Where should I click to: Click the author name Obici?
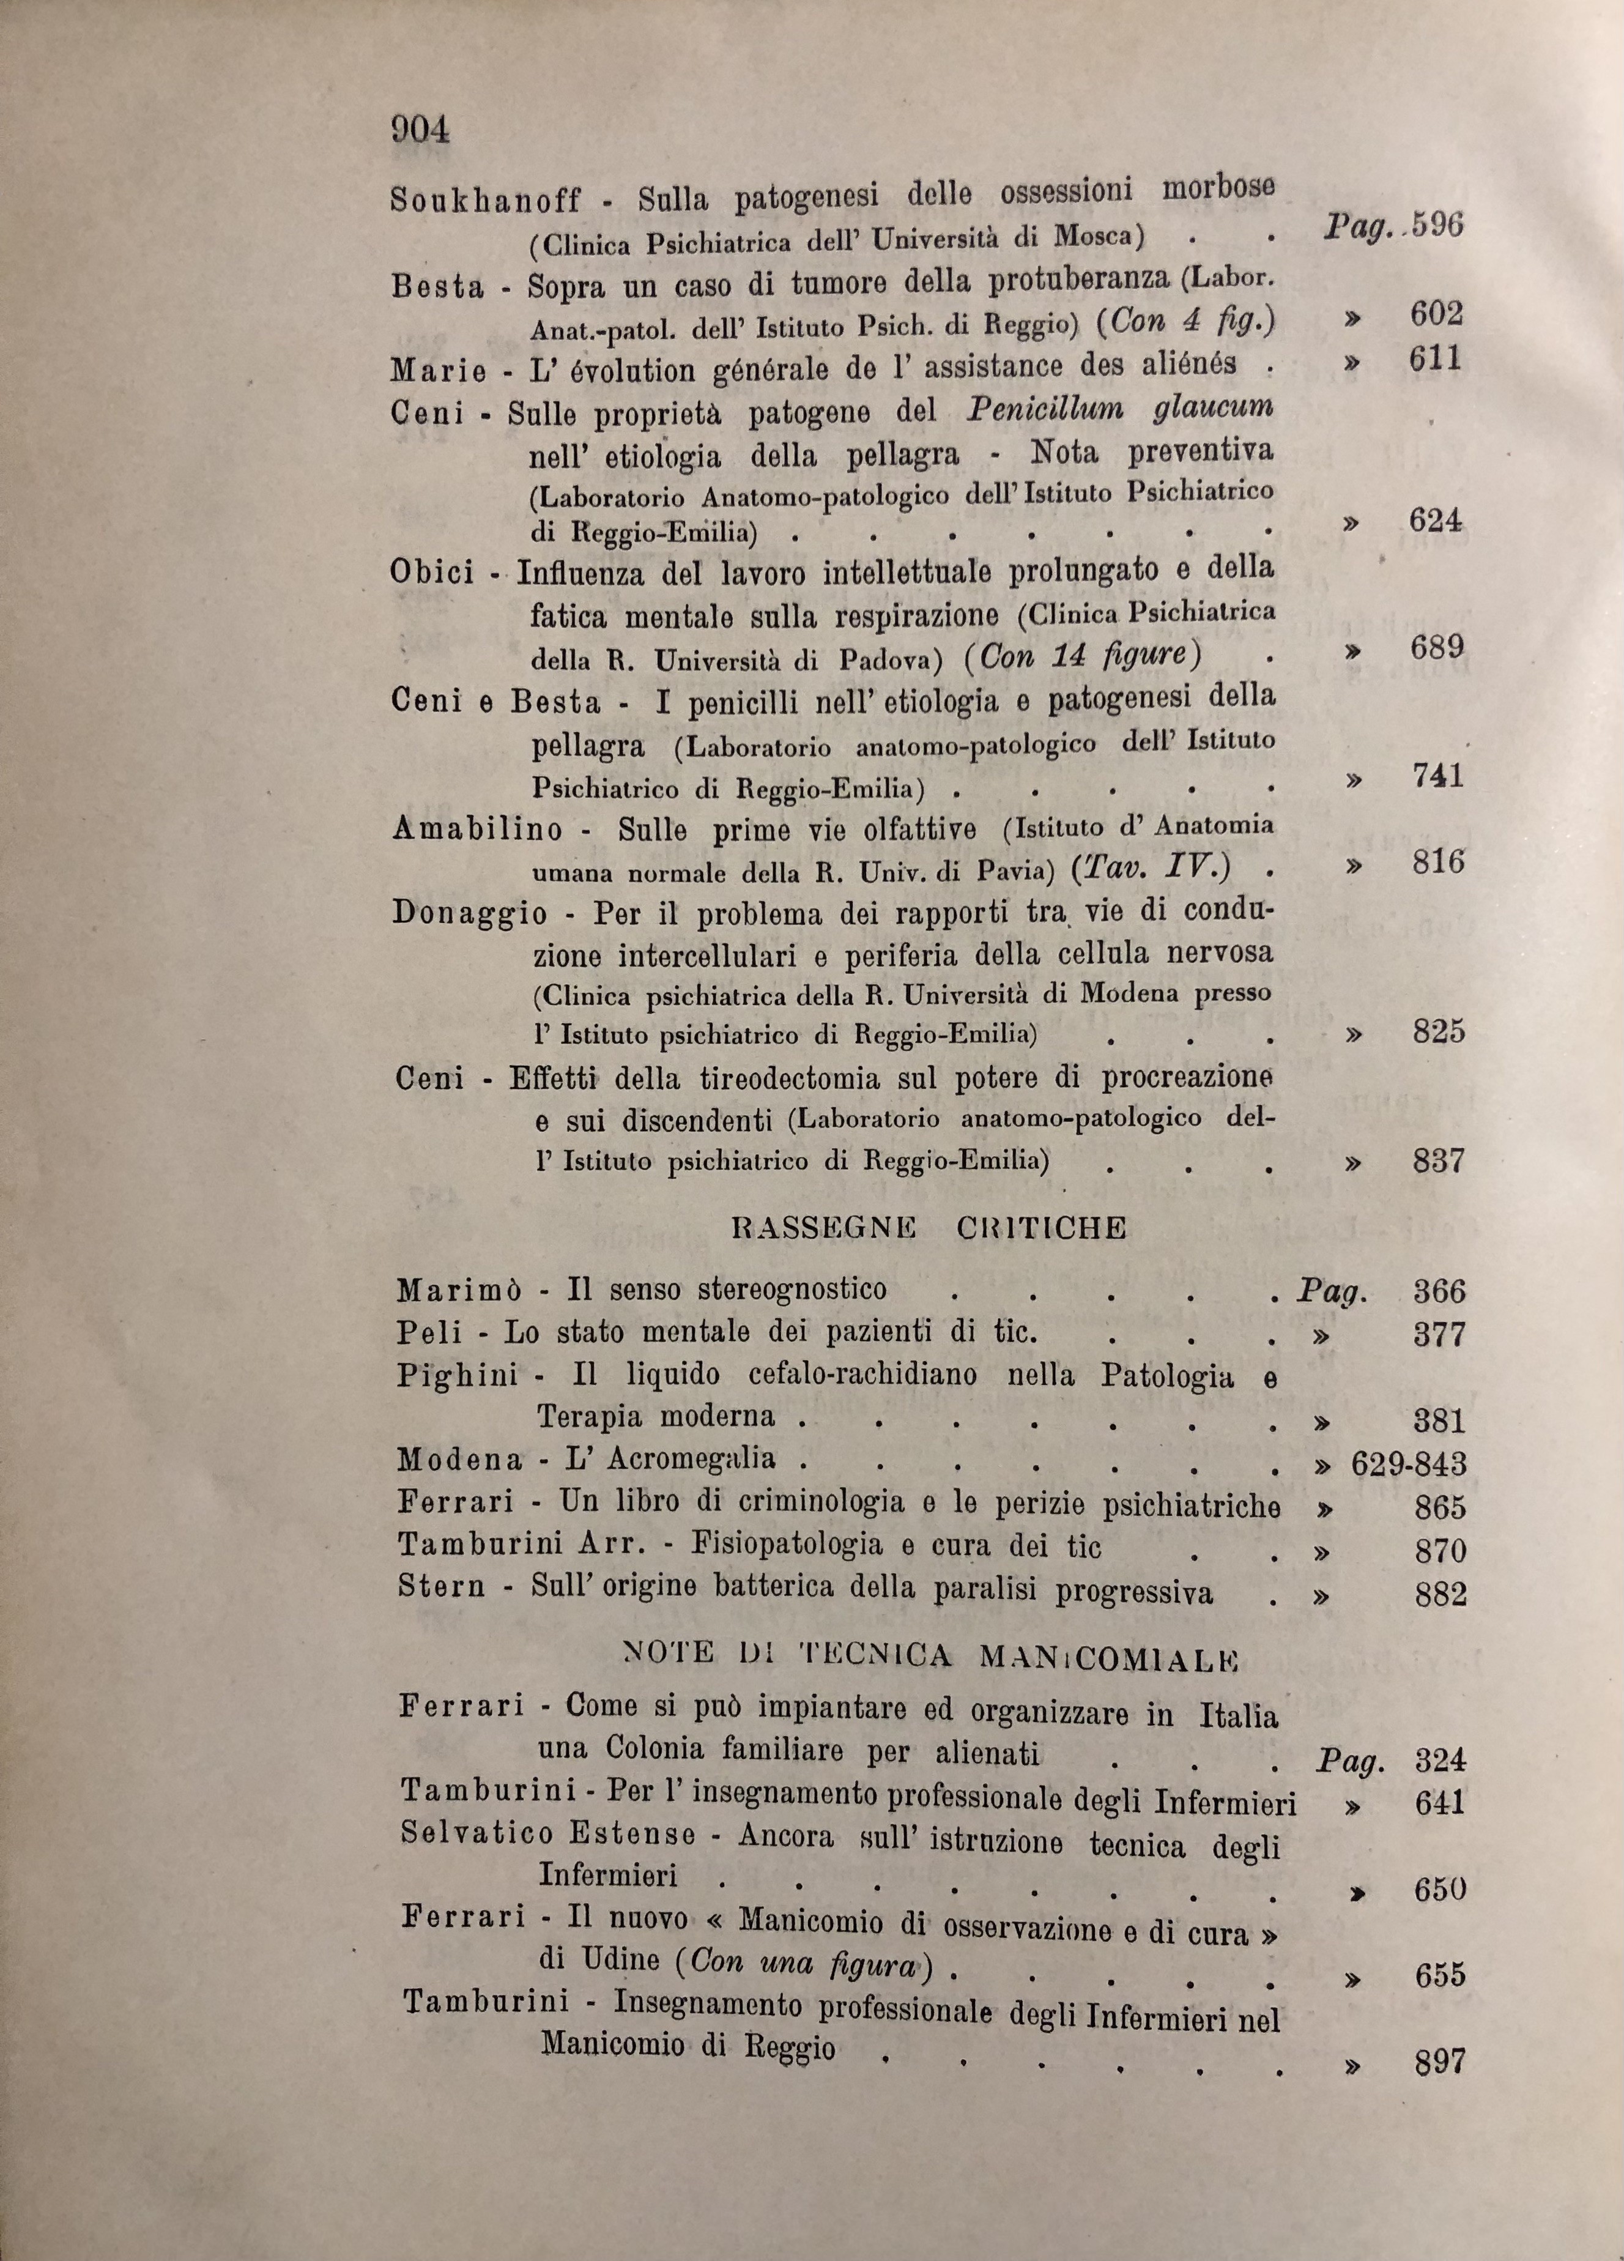coord(432,575)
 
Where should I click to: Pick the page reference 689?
coord(1437,648)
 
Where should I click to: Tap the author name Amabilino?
coord(478,828)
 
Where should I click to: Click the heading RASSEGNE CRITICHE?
coord(929,1227)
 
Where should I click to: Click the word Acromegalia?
coord(690,1460)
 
